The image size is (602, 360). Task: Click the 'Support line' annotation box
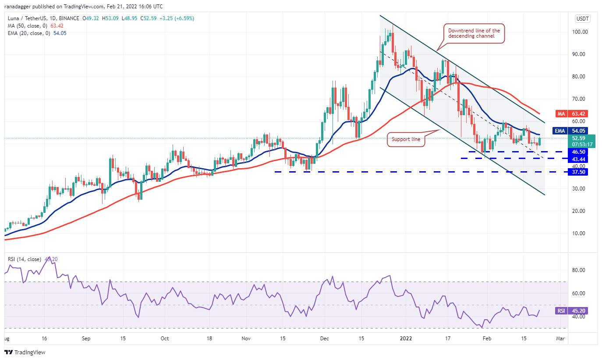(406, 139)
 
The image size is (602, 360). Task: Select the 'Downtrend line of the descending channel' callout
(474, 33)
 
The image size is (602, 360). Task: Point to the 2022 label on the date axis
(406, 339)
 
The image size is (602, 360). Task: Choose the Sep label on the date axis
(86, 339)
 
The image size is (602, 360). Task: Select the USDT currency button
(582, 18)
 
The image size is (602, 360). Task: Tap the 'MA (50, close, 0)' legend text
(26, 26)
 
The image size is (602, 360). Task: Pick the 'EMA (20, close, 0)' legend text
(27, 33)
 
